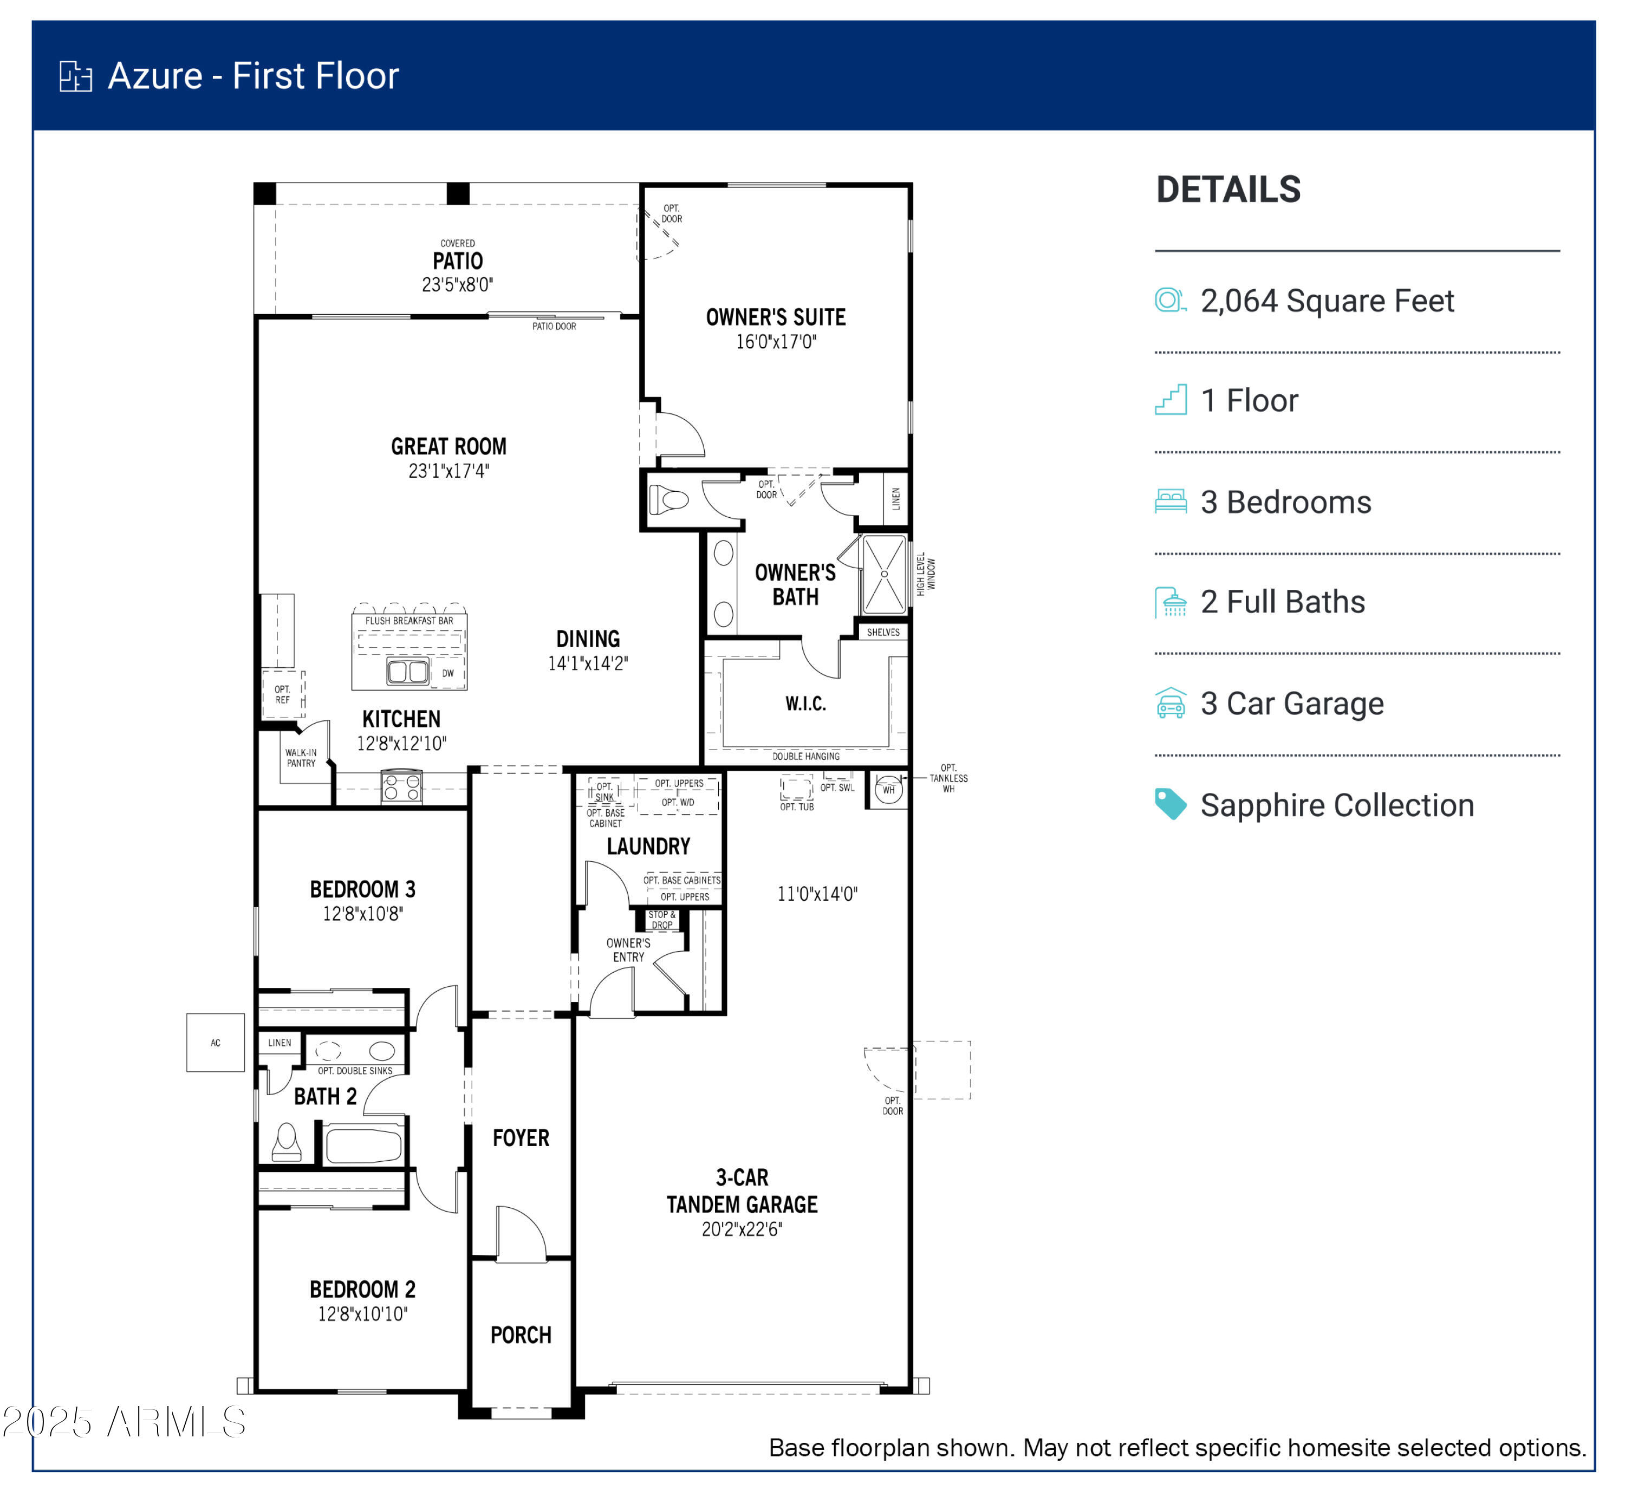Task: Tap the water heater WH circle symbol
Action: (x=888, y=789)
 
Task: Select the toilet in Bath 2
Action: (x=287, y=1142)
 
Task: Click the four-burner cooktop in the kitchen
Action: (x=401, y=787)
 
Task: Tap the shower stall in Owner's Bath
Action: (x=884, y=574)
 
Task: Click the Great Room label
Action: (x=448, y=446)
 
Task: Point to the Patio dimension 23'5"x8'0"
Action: (x=457, y=284)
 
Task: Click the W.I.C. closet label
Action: (x=805, y=703)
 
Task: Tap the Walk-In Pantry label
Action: (x=301, y=757)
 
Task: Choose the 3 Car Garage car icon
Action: (x=1170, y=702)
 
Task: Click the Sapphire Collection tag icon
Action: (x=1170, y=804)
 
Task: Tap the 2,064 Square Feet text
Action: (x=1326, y=301)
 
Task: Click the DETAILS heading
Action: (x=1227, y=190)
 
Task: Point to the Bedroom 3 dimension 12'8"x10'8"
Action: (x=363, y=914)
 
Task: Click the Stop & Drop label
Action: (x=662, y=919)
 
